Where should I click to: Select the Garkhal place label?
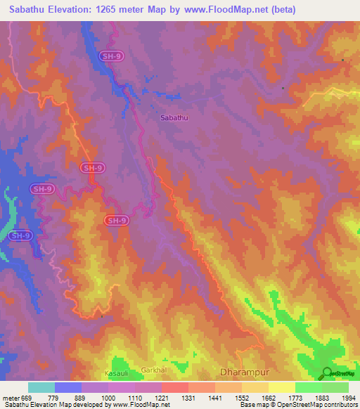(153, 369)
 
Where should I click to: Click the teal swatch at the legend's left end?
(41, 387)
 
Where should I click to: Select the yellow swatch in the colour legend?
(281, 387)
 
